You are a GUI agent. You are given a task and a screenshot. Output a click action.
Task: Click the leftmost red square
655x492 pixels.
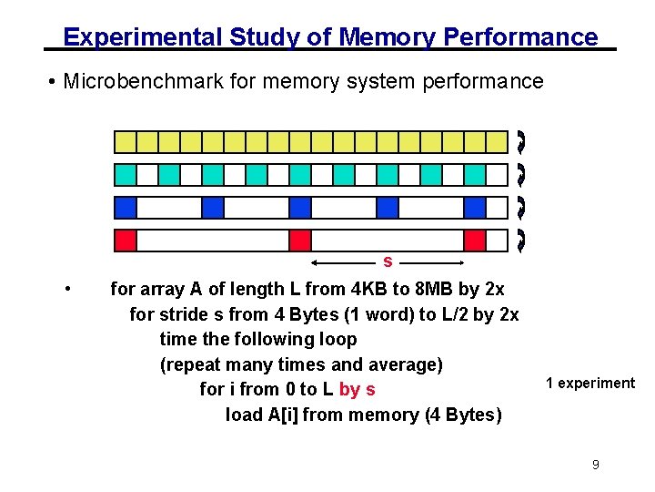click(125, 241)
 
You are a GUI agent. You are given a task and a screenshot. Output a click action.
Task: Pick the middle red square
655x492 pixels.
click(299, 241)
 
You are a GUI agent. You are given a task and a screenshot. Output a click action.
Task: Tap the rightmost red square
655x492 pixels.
click(474, 241)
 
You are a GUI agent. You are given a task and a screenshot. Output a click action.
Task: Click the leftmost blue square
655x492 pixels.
click(125, 208)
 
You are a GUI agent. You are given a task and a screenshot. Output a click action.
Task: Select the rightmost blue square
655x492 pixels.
click(474, 208)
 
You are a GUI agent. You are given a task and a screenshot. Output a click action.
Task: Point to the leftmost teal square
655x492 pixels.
click(125, 175)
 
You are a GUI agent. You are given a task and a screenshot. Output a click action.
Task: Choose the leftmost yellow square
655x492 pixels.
click(125, 142)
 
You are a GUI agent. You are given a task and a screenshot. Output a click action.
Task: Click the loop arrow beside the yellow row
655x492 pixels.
click(520, 142)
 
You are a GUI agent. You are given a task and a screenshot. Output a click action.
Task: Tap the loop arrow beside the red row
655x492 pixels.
click(520, 241)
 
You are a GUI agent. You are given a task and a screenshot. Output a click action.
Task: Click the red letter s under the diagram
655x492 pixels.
click(388, 262)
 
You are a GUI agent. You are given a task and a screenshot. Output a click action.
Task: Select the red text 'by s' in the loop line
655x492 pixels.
click(357, 390)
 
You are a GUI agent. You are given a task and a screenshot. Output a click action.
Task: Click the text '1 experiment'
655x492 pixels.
click(590, 383)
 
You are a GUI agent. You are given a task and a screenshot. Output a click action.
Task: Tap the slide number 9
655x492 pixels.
click(595, 465)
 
